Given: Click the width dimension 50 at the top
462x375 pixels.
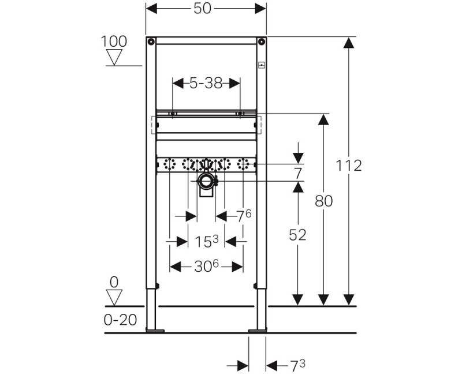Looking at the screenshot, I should [x=206, y=9].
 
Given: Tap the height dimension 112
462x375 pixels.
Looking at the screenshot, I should [x=349, y=166].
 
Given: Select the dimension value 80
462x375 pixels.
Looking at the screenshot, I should [x=323, y=201].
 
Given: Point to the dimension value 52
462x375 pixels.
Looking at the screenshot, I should [x=297, y=235].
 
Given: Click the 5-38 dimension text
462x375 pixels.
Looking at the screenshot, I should [x=206, y=83].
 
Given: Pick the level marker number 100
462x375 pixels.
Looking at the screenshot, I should [x=114, y=42].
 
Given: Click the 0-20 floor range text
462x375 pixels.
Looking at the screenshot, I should [x=121, y=320].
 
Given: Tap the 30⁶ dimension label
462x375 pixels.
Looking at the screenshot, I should [x=206, y=267].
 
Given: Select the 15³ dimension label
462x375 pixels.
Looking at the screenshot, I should [x=206, y=241].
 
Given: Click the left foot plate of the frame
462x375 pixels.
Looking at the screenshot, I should [x=155, y=331].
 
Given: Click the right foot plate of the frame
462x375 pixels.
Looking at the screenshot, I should [x=258, y=331].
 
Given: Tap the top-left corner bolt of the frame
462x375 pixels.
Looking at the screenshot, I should [x=151, y=42].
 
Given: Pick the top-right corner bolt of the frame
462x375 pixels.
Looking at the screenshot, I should [x=262, y=42].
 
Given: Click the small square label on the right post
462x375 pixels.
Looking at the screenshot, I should [x=262, y=65].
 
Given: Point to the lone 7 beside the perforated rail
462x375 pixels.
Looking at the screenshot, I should [x=298, y=173].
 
